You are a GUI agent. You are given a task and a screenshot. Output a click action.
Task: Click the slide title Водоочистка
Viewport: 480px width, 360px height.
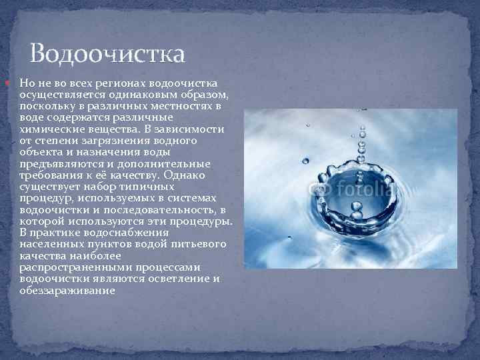click(x=107, y=53)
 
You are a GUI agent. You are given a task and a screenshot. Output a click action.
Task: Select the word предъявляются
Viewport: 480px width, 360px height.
click(x=58, y=163)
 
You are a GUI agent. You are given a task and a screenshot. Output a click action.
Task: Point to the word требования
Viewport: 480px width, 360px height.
click(x=49, y=175)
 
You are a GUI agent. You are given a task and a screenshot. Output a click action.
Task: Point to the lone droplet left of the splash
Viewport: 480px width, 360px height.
click(x=305, y=160)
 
